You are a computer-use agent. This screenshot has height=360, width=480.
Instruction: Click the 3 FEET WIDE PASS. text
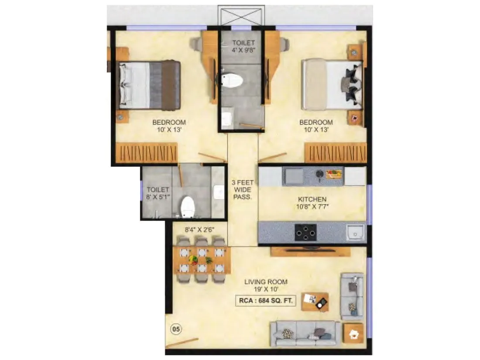click(x=242, y=190)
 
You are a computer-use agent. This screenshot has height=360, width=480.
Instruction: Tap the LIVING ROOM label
click(x=266, y=282)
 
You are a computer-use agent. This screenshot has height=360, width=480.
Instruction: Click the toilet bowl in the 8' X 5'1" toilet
click(x=188, y=206)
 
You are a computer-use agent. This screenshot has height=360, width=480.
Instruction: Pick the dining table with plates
click(x=202, y=261)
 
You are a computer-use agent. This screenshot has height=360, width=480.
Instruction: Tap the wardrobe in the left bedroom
click(x=147, y=153)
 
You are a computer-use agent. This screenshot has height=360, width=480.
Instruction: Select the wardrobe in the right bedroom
click(x=336, y=153)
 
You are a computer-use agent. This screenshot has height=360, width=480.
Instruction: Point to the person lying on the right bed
click(x=351, y=84)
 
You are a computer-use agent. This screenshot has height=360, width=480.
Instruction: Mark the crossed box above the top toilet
click(x=243, y=16)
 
